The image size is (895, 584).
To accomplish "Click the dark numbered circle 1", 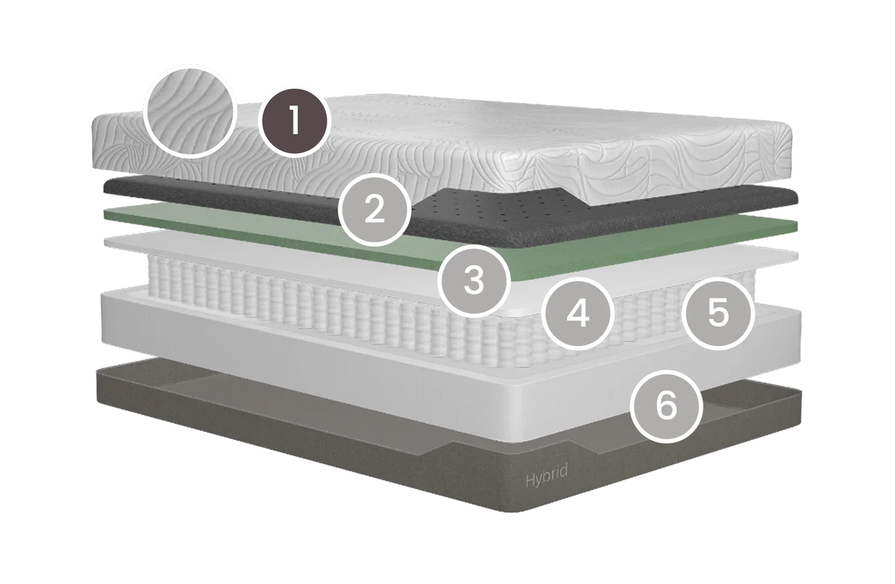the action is coord(294,121).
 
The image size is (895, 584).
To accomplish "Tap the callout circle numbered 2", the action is coord(374,210).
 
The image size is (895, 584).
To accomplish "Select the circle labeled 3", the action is coord(474,281).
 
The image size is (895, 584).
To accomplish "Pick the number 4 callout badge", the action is coord(578,313).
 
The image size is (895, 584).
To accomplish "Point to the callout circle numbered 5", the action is coord(718,313).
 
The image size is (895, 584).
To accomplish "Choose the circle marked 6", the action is coord(666,406).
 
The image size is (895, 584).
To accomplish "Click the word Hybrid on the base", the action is coord(546,476).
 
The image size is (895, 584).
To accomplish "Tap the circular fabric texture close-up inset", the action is coord(190,110).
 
